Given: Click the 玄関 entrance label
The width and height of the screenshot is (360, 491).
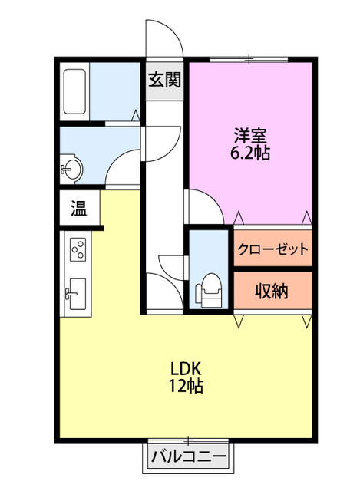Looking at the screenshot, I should tap(164, 80).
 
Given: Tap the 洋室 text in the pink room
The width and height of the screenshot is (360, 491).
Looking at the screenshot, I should tap(250, 135).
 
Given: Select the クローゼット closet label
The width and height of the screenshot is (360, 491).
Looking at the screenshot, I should tap(273, 249).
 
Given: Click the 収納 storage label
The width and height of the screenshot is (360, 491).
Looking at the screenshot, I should tap(272, 291).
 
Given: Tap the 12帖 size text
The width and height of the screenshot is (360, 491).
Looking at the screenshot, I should tap(185, 387).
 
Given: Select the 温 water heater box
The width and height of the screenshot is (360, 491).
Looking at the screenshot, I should tap(79, 207).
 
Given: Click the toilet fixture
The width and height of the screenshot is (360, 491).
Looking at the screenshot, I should tap(210, 291).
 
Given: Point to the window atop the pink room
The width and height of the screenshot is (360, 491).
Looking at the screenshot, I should tap(249, 59).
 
